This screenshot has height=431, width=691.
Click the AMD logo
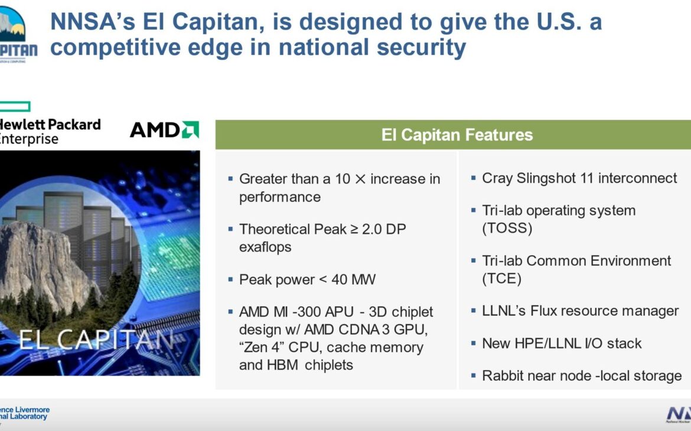164,130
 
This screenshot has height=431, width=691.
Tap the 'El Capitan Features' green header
457,135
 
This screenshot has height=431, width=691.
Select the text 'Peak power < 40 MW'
307,279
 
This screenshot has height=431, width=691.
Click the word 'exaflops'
265,247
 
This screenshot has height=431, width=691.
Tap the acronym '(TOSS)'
507,228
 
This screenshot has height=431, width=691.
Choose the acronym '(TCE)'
502,279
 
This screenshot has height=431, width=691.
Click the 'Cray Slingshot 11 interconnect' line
579,178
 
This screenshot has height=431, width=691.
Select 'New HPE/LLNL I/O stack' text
561,343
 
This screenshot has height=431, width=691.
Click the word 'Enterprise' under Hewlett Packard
30,139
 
